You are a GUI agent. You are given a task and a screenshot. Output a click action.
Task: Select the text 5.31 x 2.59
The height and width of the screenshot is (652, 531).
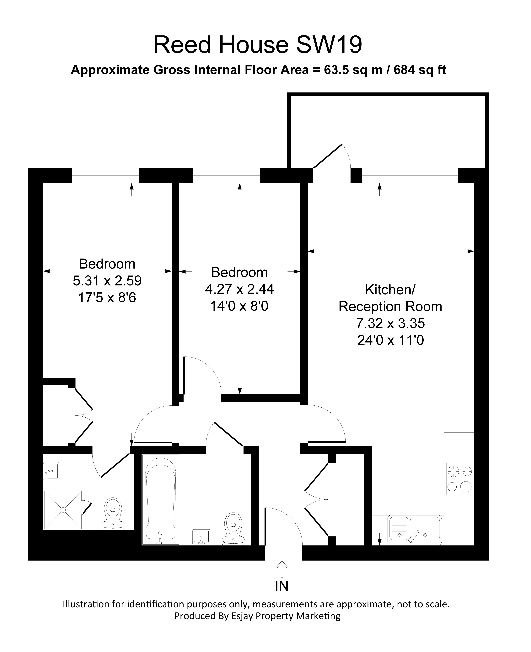pyautogui.click(x=107, y=281)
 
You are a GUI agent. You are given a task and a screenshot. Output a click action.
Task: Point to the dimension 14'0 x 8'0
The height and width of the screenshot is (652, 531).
pyautogui.click(x=239, y=306)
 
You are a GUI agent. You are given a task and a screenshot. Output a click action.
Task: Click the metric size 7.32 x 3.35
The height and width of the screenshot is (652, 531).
pyautogui.click(x=390, y=323)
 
